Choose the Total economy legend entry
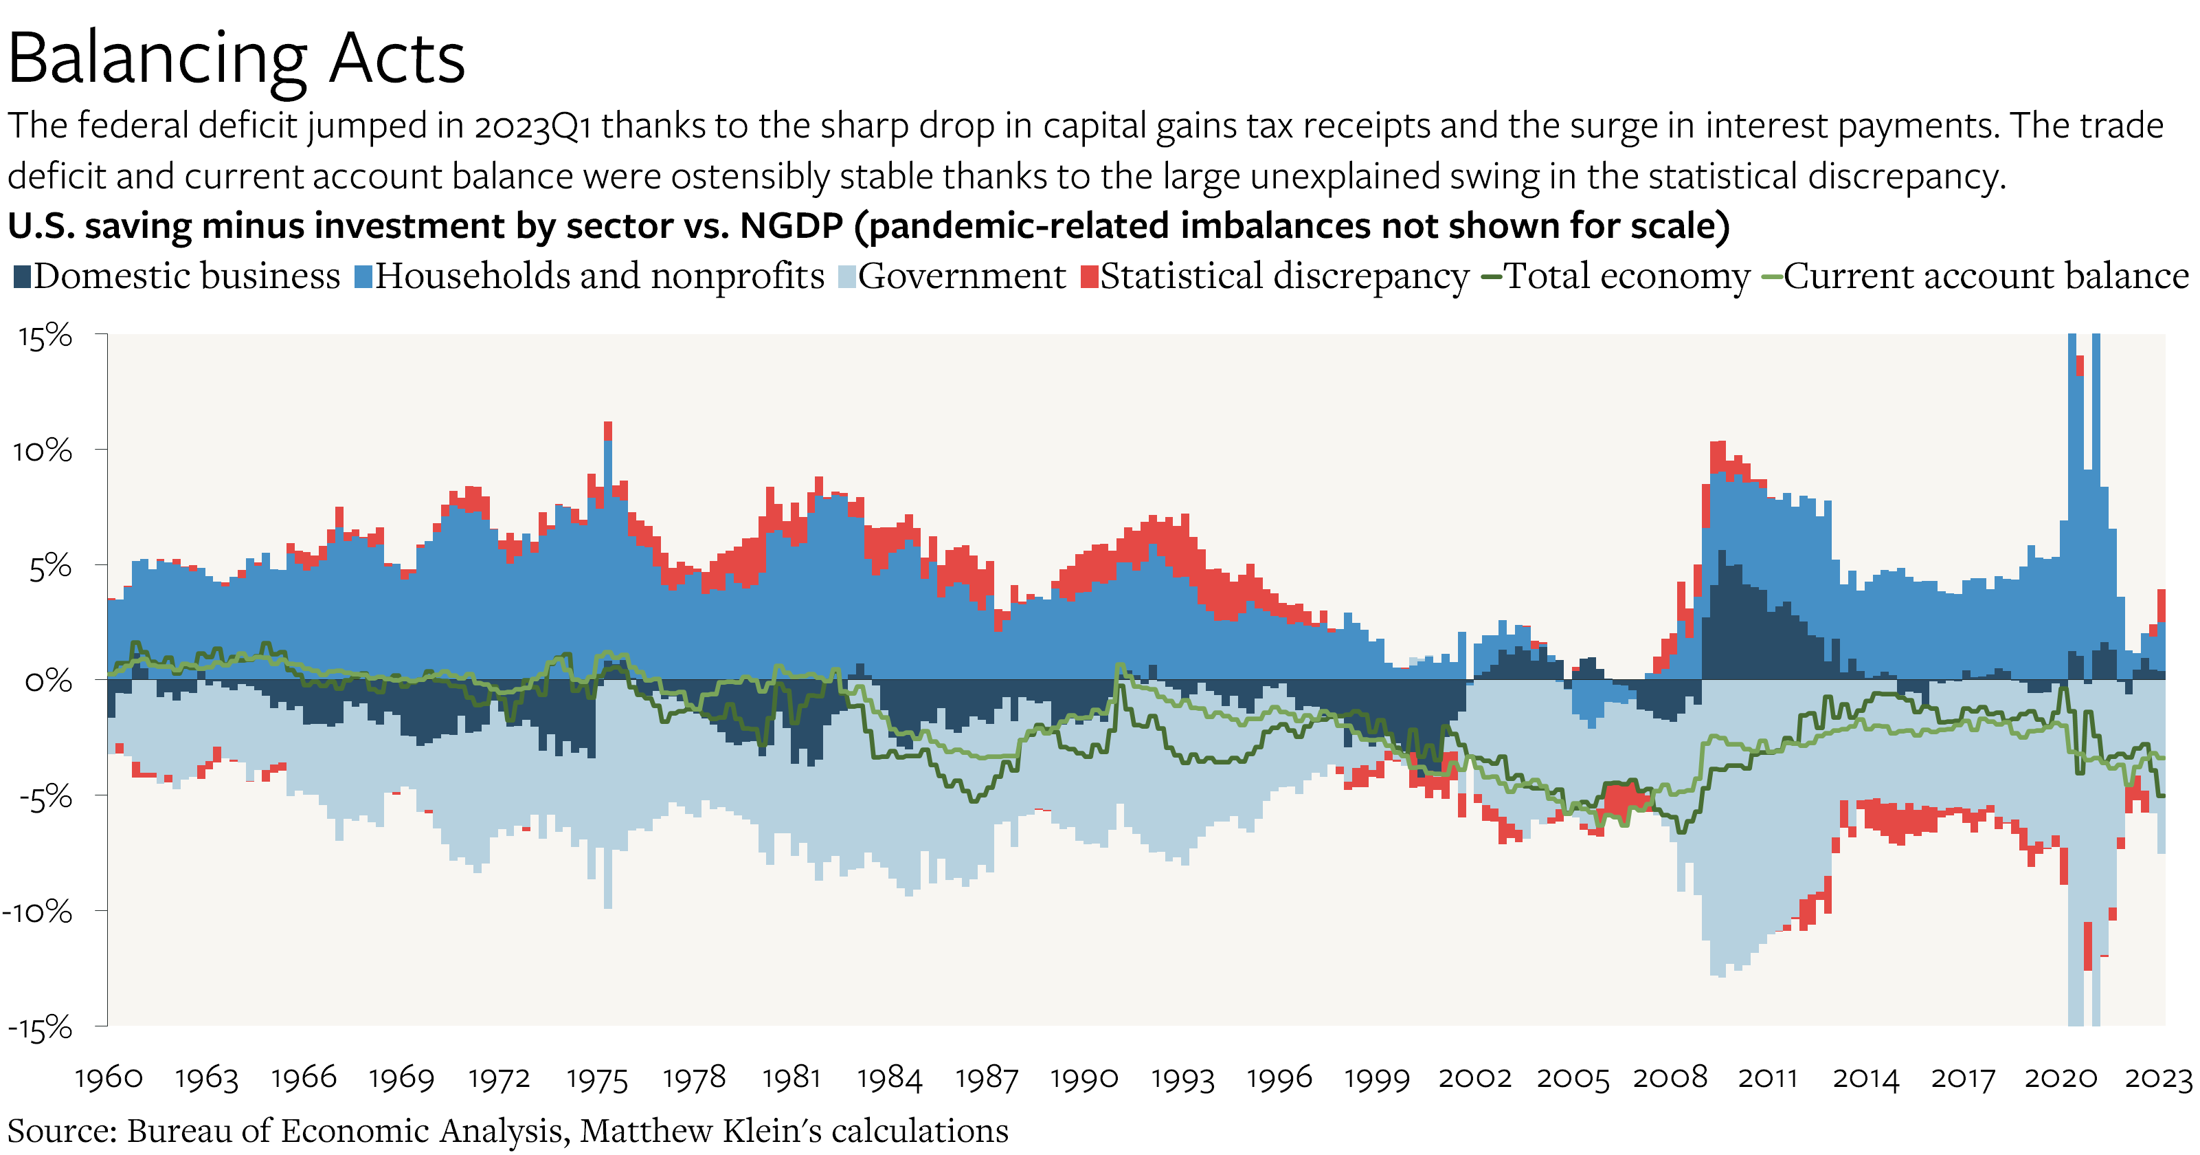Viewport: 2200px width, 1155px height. (1616, 276)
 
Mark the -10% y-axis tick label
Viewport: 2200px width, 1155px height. (38, 912)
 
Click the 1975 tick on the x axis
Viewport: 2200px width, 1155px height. (597, 1078)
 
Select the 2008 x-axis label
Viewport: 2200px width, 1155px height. (1670, 1078)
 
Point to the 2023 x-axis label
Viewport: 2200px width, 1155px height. (2158, 1078)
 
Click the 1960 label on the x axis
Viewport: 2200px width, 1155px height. (109, 1078)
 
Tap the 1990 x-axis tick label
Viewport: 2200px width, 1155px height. (1084, 1078)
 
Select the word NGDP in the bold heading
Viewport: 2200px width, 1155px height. (791, 226)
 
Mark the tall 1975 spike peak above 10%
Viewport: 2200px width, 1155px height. (608, 425)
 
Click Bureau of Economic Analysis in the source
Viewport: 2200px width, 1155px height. (346, 1130)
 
